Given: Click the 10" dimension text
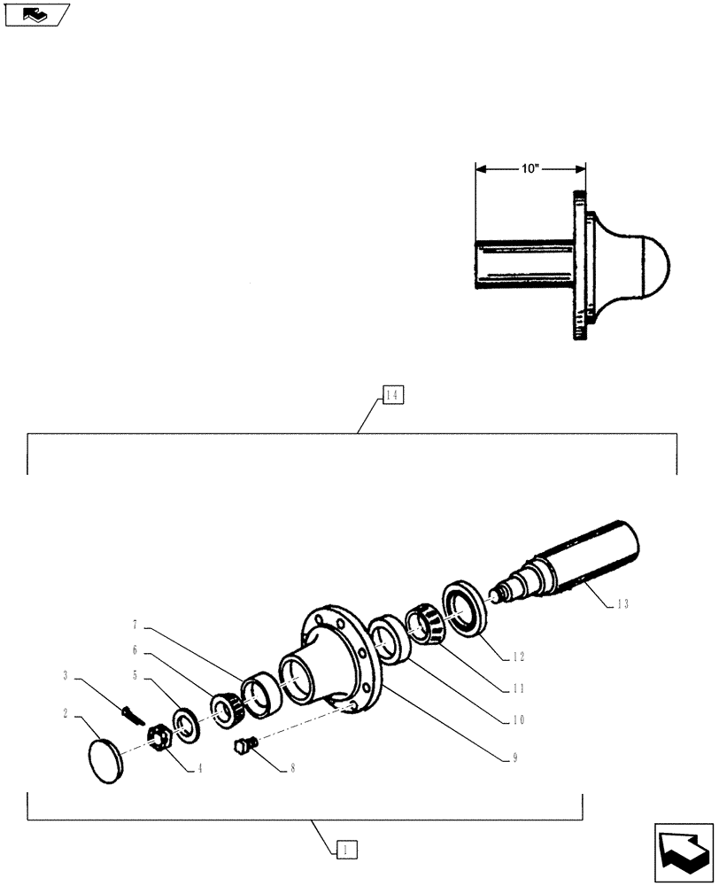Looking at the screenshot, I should tap(530, 168).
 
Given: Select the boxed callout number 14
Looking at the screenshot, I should tap(393, 395).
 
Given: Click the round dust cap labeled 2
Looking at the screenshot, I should tap(112, 760).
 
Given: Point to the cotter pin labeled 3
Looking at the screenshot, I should tap(133, 714).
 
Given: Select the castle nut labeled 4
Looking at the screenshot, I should tap(158, 736).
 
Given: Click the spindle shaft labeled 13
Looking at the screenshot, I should tap(584, 557).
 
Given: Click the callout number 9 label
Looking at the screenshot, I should tap(516, 758).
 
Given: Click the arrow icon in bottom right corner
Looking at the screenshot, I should tap(684, 852).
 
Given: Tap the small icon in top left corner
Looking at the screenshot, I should tap(36, 14).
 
